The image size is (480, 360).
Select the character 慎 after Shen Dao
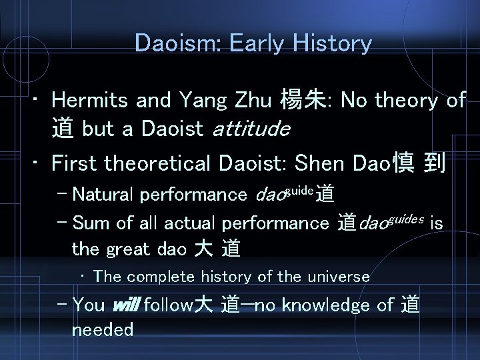point(406,164)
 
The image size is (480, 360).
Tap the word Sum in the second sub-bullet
point(89,223)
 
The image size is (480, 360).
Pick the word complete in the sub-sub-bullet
point(155,276)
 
